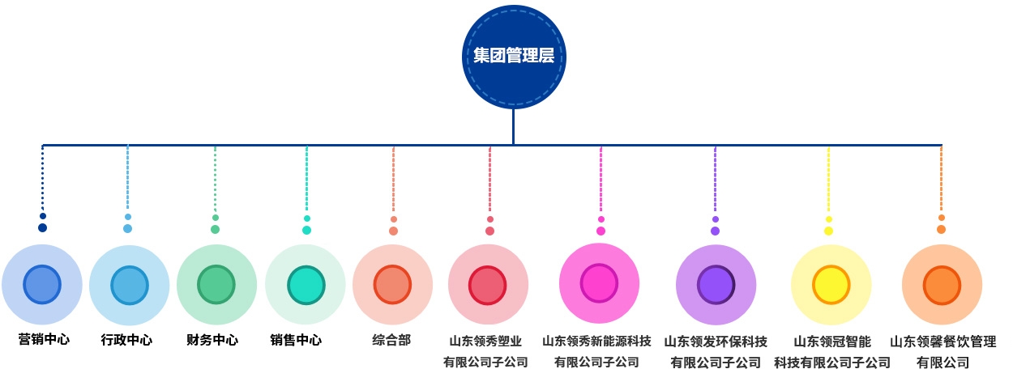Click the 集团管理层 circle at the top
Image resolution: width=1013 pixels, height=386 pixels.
click(514, 57)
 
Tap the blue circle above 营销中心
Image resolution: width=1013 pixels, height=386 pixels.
click(42, 284)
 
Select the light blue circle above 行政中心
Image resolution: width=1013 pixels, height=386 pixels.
click(129, 285)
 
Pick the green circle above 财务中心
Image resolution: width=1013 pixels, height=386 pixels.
click(216, 285)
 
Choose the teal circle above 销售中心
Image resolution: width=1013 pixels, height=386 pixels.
click(306, 285)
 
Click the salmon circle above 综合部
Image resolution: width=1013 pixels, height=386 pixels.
click(392, 285)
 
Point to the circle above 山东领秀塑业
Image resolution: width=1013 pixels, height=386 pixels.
click(488, 285)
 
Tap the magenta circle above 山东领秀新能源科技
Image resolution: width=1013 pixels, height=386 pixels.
click(600, 283)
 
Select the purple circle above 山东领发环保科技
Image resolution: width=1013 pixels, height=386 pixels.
click(716, 285)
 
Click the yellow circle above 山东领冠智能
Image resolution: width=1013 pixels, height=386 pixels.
click(831, 285)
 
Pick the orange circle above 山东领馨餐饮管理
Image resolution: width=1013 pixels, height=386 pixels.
click(942, 285)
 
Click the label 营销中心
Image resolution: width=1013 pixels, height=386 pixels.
click(44, 340)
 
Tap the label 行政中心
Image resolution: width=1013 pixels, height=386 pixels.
click(126, 341)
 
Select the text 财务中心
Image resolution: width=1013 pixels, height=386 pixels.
click(212, 341)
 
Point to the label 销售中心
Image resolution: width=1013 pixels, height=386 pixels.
click(296, 341)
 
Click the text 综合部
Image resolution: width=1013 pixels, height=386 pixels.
click(391, 341)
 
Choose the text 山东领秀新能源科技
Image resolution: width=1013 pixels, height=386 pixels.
click(596, 341)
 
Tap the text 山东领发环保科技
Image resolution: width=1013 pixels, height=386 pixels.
click(716, 341)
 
